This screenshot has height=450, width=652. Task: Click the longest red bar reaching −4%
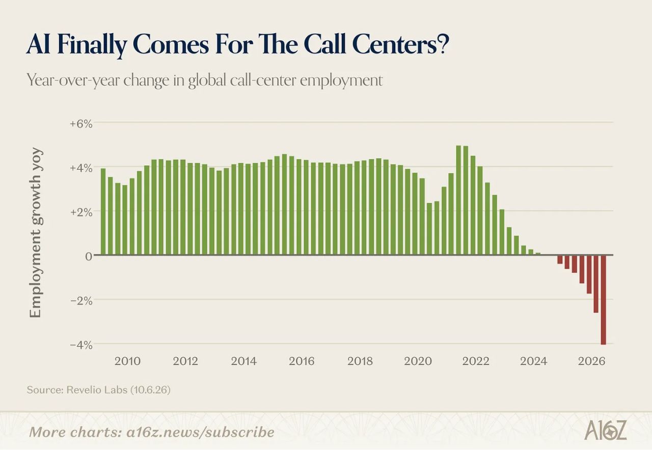tap(604, 300)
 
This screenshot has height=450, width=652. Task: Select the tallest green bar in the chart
tap(458, 200)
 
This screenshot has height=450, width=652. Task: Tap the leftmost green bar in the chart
tap(103, 211)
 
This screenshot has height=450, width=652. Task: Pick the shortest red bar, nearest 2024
tap(560, 259)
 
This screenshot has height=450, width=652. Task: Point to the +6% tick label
tap(81, 124)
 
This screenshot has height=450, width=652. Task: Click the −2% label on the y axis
tap(81, 301)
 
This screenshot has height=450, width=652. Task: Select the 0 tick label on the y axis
tap(89, 256)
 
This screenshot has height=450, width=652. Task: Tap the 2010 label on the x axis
tap(127, 361)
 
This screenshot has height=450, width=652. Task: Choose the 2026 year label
tap(591, 361)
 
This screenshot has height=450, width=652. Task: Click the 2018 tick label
tap(360, 361)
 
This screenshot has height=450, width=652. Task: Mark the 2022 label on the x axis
tap(476, 361)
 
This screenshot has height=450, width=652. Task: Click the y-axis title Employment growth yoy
tap(36, 233)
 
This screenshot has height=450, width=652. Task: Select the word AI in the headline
tap(38, 44)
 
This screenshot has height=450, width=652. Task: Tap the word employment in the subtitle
tap(341, 81)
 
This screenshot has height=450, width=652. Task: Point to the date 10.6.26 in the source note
tap(150, 390)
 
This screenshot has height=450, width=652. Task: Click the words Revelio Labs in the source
tap(97, 390)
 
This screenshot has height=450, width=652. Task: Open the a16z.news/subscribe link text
tap(200, 432)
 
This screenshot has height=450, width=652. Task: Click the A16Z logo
tap(606, 430)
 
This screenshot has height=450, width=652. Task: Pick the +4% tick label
tap(81, 168)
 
